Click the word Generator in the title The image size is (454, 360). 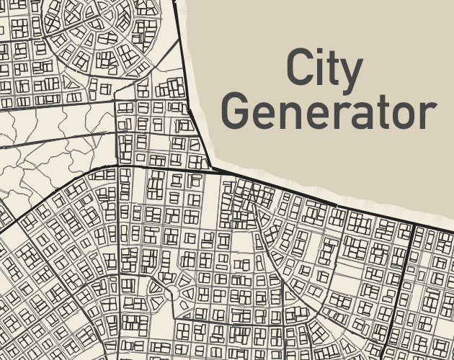[329, 113]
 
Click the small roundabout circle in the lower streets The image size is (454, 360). [171, 294]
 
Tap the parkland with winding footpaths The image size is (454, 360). [50, 144]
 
